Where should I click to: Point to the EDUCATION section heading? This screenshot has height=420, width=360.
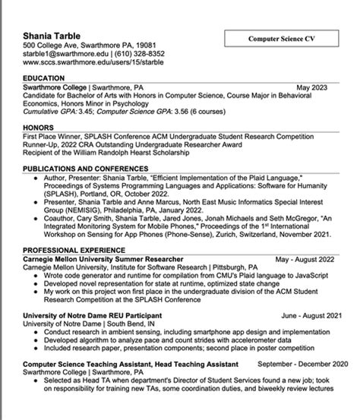click(x=43, y=78)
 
